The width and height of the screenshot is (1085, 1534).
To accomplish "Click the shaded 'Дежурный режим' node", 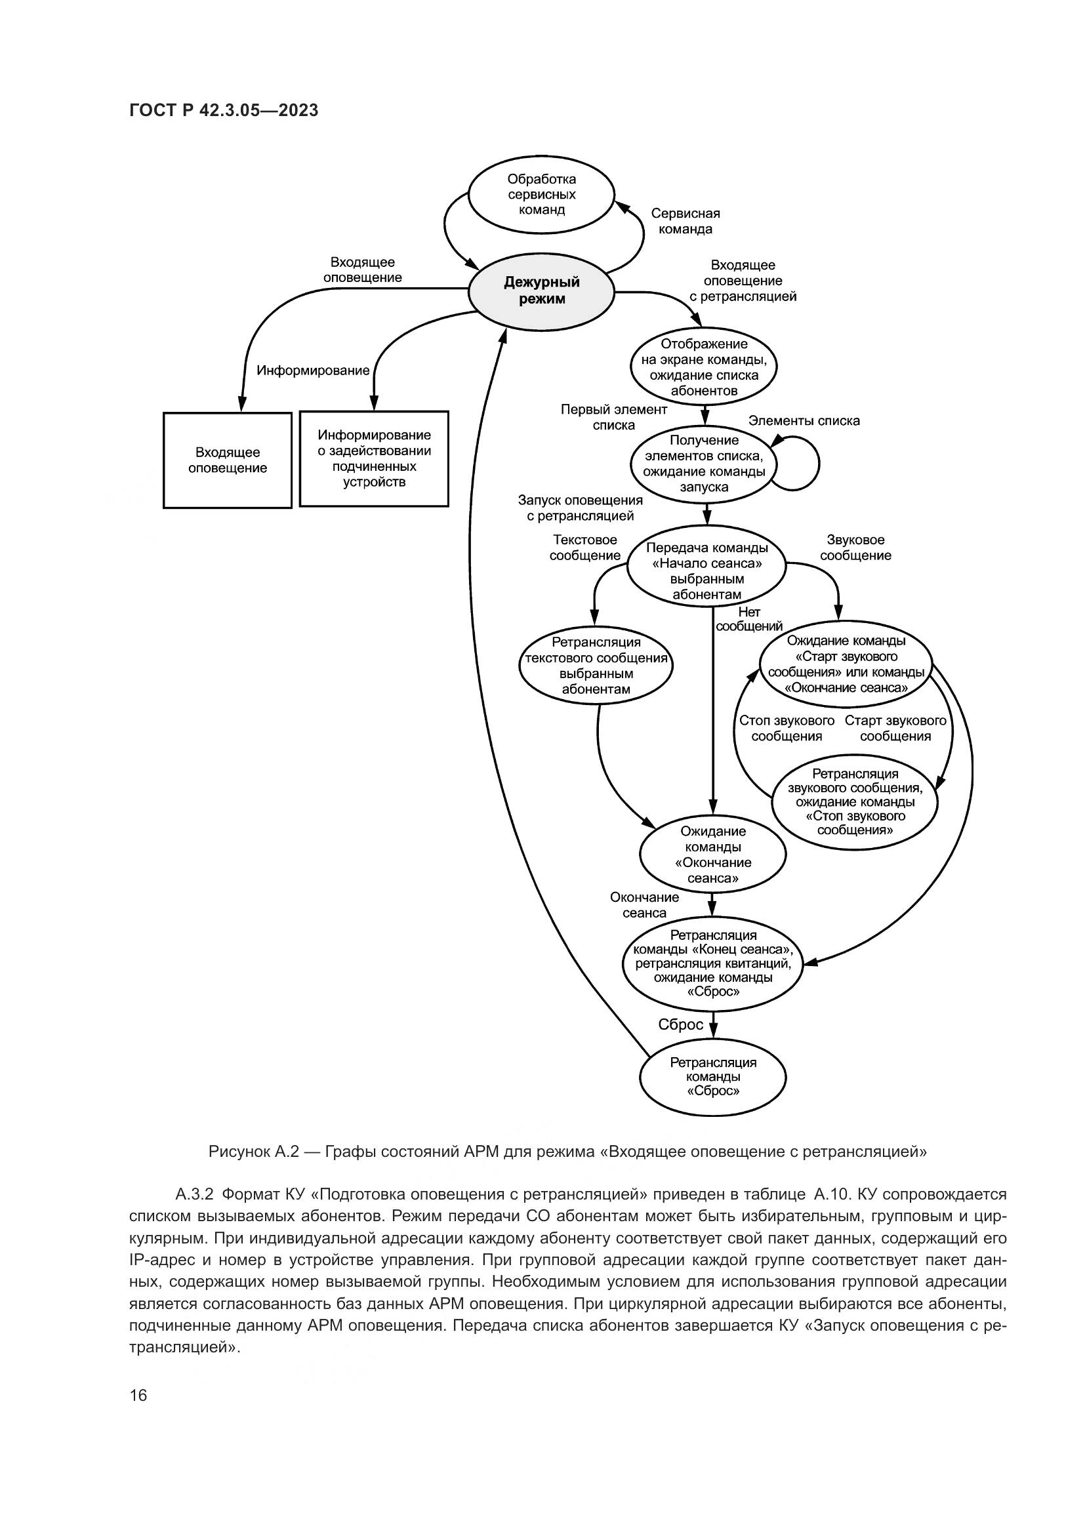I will point(541,291).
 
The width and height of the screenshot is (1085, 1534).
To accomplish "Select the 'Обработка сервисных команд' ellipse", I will point(541,194).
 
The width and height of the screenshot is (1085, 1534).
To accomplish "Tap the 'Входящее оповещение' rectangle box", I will point(227,460).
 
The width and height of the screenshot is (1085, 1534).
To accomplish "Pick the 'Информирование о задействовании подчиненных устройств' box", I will point(374,458).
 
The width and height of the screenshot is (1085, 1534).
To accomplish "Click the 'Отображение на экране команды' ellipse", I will point(704,367).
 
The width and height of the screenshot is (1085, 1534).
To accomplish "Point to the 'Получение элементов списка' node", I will point(704,464).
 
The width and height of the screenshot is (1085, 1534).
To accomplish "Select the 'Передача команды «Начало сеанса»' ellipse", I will point(706,571).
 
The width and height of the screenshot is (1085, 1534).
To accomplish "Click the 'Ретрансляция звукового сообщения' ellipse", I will point(855,801).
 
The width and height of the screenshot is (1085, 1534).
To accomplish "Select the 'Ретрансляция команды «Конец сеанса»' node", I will point(712,963).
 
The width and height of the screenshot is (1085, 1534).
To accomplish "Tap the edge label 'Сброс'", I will point(680,1024).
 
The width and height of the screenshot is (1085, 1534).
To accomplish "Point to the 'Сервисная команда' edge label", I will point(686,221).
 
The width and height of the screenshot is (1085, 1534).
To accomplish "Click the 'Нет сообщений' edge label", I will point(748,619).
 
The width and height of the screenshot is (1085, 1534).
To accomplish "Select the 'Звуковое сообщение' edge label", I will point(855,548).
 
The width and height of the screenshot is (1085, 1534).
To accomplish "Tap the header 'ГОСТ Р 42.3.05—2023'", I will point(224,111).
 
